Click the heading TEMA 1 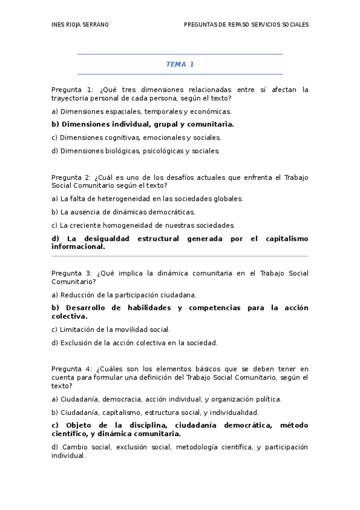tap(180, 64)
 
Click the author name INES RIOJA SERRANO tap(81, 25)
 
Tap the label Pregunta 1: tap(72, 90)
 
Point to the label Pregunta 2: tap(72, 177)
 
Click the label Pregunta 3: tap(72, 273)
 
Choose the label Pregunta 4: tap(72, 369)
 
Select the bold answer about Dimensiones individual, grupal tap(142, 124)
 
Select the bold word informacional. tap(78, 247)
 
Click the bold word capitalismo tap(285, 239)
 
